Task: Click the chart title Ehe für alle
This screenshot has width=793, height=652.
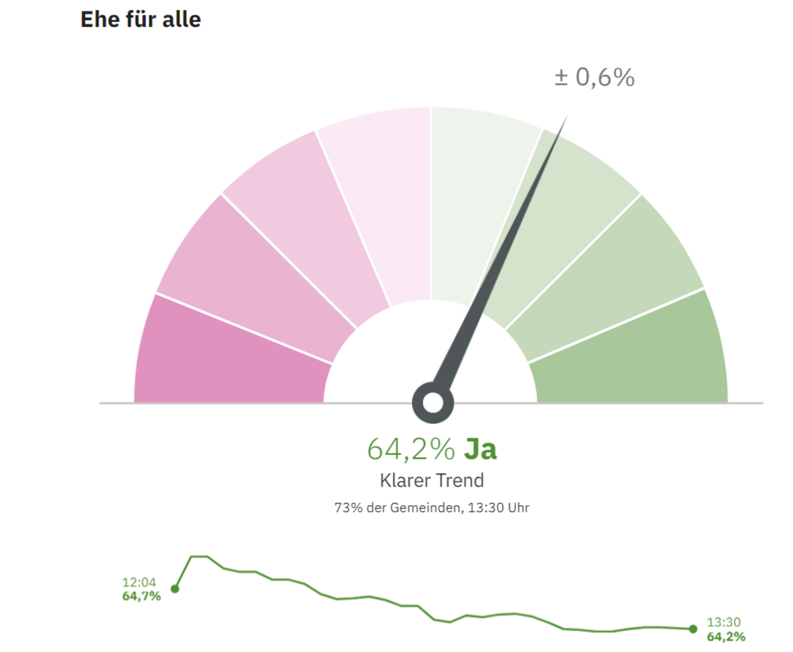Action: pos(140,19)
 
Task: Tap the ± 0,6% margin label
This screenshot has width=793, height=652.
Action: pos(594,77)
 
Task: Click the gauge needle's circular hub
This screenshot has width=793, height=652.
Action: pos(432,403)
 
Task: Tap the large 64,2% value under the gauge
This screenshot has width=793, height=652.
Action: pos(411,449)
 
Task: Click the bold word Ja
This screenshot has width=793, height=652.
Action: pos(481,449)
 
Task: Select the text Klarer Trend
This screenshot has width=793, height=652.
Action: pos(432,481)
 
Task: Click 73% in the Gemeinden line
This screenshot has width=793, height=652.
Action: pos(348,508)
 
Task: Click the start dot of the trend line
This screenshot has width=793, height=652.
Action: pos(175,589)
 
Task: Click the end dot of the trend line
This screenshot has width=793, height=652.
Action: pos(693,629)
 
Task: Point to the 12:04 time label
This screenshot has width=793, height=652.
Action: pos(139,583)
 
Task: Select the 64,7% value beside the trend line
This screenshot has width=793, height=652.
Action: pos(141,596)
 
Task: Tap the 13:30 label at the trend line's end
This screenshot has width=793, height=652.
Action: pos(724,622)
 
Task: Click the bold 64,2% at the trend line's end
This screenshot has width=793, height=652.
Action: pos(726,637)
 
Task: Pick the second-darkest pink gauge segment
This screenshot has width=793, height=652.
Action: pos(254,272)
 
